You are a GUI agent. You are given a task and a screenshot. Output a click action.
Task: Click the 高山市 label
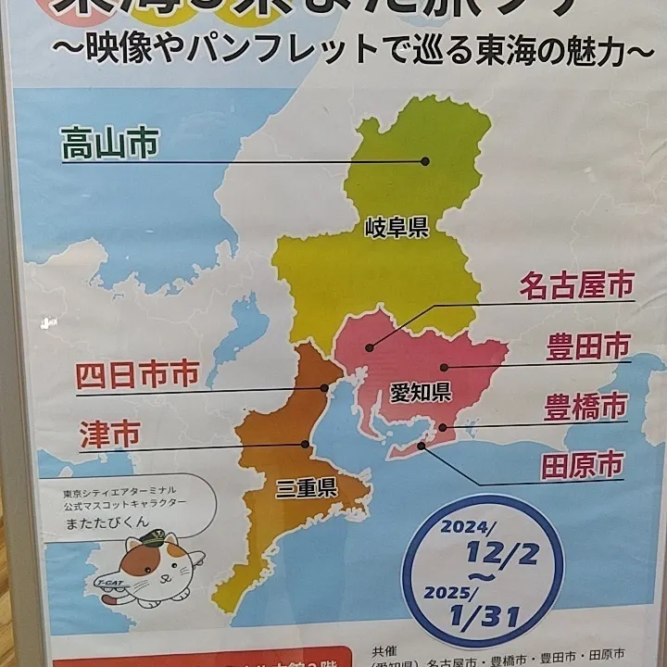pos(109,144)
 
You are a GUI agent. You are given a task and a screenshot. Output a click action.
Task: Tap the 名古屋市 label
pos(575,285)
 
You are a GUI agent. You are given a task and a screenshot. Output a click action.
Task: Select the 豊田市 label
pos(586,347)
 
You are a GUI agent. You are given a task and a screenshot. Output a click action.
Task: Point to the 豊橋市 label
pos(585,407)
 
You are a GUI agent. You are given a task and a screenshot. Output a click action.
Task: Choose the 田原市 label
pos(582,465)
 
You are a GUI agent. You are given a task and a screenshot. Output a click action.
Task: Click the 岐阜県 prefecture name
pos(396,227)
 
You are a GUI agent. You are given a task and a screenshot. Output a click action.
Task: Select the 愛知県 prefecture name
pos(420,390)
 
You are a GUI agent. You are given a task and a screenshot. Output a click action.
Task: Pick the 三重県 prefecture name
pos(305,487)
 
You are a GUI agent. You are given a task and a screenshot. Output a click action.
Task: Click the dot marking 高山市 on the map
pos(425,161)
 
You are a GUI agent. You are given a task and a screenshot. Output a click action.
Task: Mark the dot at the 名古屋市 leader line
pos(369,348)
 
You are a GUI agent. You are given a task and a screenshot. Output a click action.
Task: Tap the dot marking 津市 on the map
pos(305,444)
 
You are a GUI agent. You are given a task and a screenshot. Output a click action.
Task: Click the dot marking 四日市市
pos(324,387)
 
